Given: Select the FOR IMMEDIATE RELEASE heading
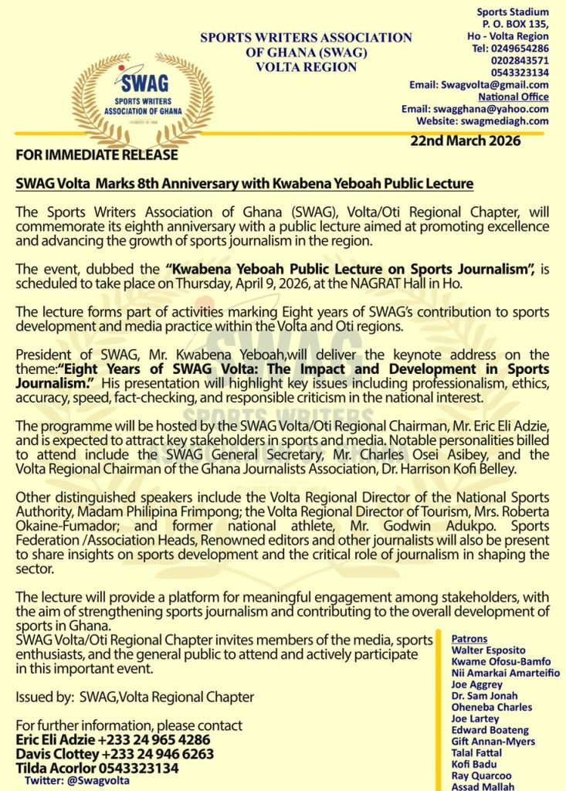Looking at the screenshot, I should coord(97,155).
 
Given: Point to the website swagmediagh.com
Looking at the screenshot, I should coord(505,121).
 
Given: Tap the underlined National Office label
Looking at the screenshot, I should coord(513,97).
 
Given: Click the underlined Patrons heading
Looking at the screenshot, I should coord(469,639).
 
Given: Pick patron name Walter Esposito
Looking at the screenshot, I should coord(488,650).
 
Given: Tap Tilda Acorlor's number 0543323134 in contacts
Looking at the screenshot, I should coord(136,769).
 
